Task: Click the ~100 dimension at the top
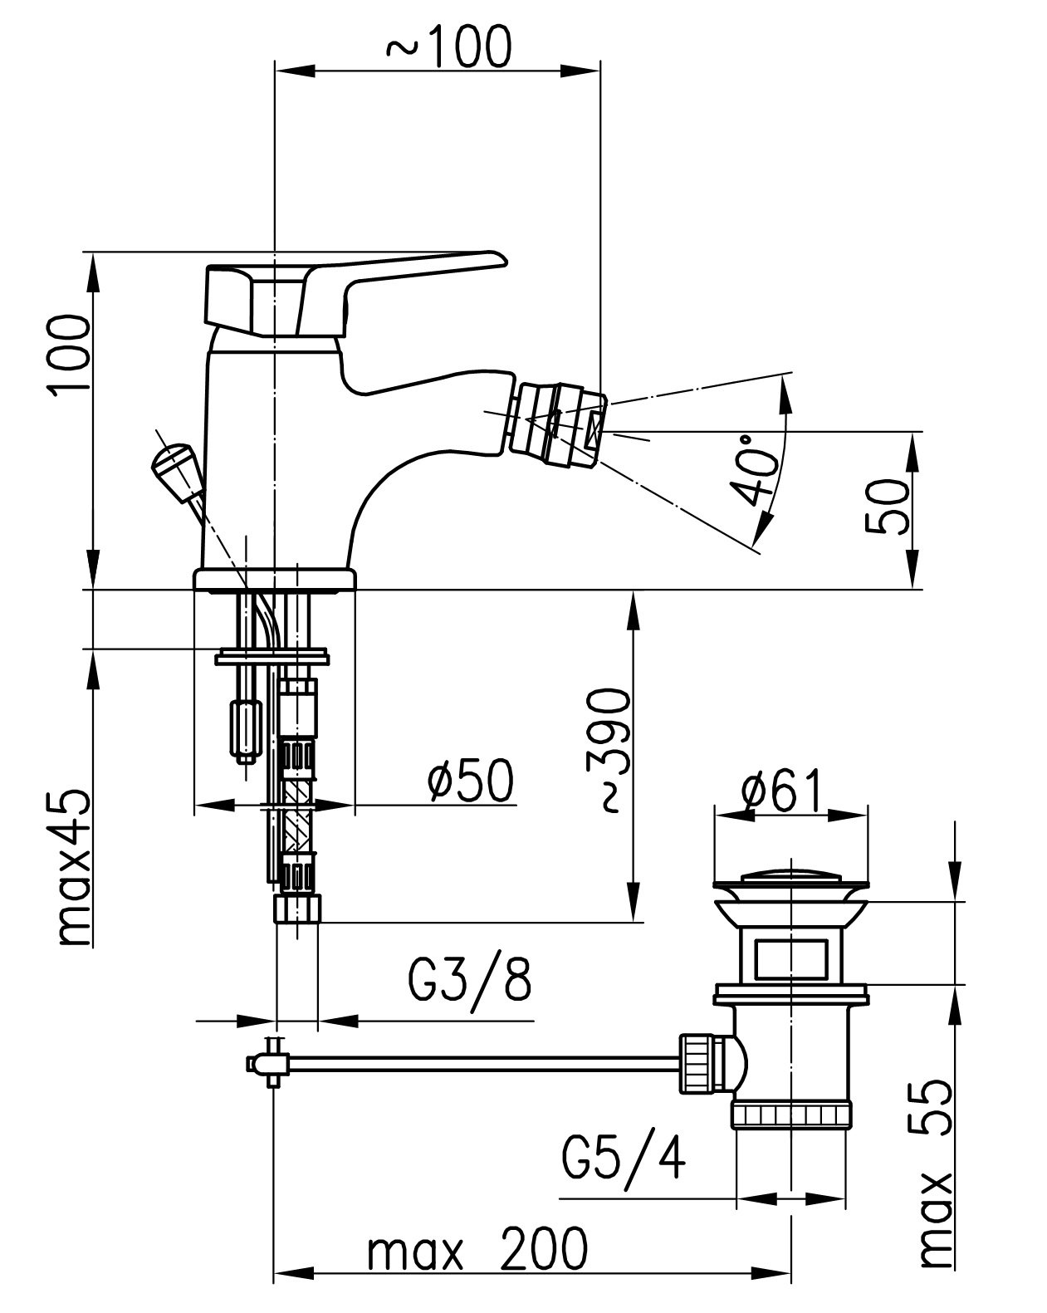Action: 448,47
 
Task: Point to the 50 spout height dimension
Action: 887,507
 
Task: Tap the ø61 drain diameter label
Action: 781,791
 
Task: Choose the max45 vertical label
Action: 75,869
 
